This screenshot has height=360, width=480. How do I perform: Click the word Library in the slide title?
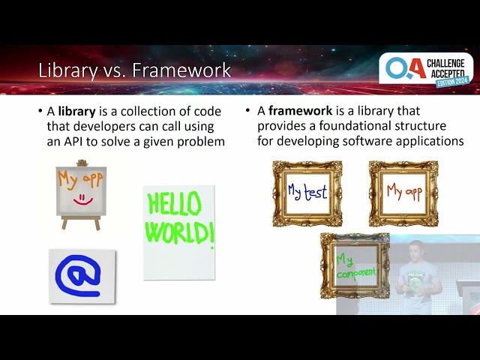click(68, 70)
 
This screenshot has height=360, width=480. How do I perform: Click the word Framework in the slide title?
click(181, 70)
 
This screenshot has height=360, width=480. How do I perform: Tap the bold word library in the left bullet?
click(76, 111)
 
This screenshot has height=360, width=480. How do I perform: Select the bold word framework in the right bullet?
click(300, 110)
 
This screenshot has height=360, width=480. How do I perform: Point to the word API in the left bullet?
click(73, 142)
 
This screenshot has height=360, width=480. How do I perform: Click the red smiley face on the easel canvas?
click(82, 199)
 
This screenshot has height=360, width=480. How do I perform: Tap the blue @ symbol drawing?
click(78, 275)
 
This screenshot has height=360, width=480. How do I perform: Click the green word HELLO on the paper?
click(174, 203)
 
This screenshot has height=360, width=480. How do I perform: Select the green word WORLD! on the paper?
click(180, 233)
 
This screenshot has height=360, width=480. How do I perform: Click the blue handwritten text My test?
click(307, 192)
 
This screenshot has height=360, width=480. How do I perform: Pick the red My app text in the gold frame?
click(404, 192)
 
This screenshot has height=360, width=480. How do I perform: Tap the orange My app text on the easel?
click(80, 179)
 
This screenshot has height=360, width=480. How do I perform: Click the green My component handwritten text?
click(355, 267)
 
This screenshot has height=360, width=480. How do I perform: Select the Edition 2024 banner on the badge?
click(452, 82)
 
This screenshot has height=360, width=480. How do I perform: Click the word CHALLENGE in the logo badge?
click(445, 63)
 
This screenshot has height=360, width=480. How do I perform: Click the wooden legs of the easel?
click(81, 223)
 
